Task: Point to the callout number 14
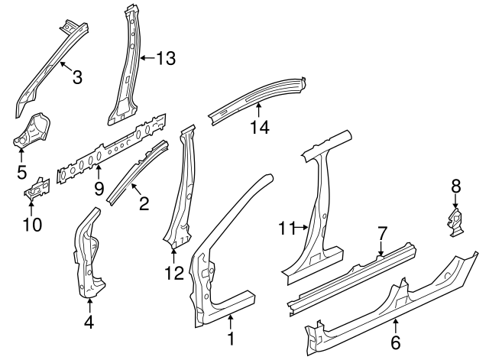(261, 128)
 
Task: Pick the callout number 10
(32, 224)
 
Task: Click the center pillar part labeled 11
(321, 206)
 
